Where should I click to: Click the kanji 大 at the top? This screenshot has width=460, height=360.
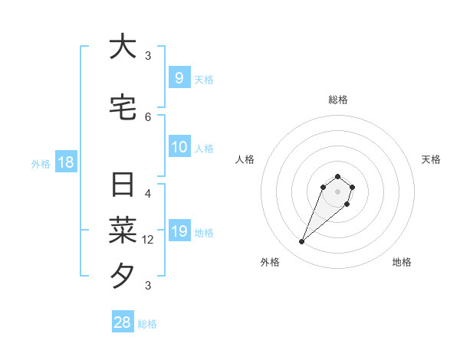coord(123,47)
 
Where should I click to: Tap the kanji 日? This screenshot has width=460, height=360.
coord(123,186)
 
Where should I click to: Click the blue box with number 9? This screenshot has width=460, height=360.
coord(179,78)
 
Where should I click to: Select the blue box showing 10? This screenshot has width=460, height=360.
coord(179,147)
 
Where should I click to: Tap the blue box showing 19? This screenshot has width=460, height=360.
coord(179,231)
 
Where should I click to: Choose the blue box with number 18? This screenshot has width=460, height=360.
coord(65,162)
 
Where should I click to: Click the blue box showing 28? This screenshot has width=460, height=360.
coord(123,322)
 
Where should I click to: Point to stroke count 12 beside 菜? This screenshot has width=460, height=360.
coord(148,240)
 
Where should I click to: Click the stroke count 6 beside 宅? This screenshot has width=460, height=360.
coord(148,116)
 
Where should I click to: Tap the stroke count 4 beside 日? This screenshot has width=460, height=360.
coord(148,194)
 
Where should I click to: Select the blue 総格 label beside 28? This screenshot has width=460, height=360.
coord(147,324)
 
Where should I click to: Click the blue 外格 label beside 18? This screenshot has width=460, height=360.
coord(41,163)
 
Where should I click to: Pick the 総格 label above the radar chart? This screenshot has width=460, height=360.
coord(337,100)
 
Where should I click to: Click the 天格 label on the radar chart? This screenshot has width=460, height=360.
coord(431,159)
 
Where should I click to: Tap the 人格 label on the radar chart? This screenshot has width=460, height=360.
coord(245,159)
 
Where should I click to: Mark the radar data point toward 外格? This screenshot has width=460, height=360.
coord(302,241)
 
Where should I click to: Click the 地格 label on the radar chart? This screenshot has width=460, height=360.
coord(402,262)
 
